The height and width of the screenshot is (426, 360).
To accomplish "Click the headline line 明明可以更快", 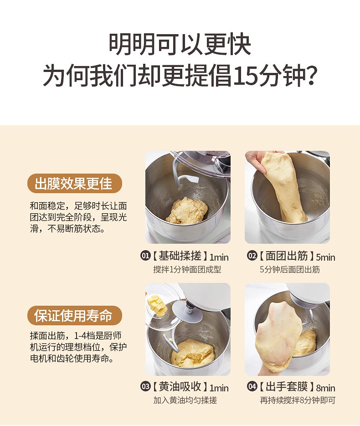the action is coord(180,44).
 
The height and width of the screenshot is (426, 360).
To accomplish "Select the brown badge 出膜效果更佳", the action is coord(74,184).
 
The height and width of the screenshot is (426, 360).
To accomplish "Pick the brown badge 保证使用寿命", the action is coord(74,315).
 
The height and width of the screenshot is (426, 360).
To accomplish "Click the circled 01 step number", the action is coord(145,256).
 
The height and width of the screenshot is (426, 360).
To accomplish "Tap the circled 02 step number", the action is coord(252,256).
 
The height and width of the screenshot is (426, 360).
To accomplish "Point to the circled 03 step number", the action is coord(145,386).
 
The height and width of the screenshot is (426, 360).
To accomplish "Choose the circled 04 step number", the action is coord(252,386).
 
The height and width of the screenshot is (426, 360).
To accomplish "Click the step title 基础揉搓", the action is coord(180,256).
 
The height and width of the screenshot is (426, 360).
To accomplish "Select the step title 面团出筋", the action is coord(287,256).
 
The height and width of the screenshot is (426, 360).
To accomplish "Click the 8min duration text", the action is coord(325,388).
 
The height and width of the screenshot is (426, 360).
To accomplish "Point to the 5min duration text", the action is coord(325,257).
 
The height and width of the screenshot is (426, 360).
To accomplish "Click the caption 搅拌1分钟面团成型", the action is coord(187,270).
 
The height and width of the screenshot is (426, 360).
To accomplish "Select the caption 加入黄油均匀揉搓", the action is coord(185,400).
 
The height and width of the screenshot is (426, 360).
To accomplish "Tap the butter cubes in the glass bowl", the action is coord(157,306).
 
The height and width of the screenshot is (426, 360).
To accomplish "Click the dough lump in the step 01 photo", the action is coord(187,211).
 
